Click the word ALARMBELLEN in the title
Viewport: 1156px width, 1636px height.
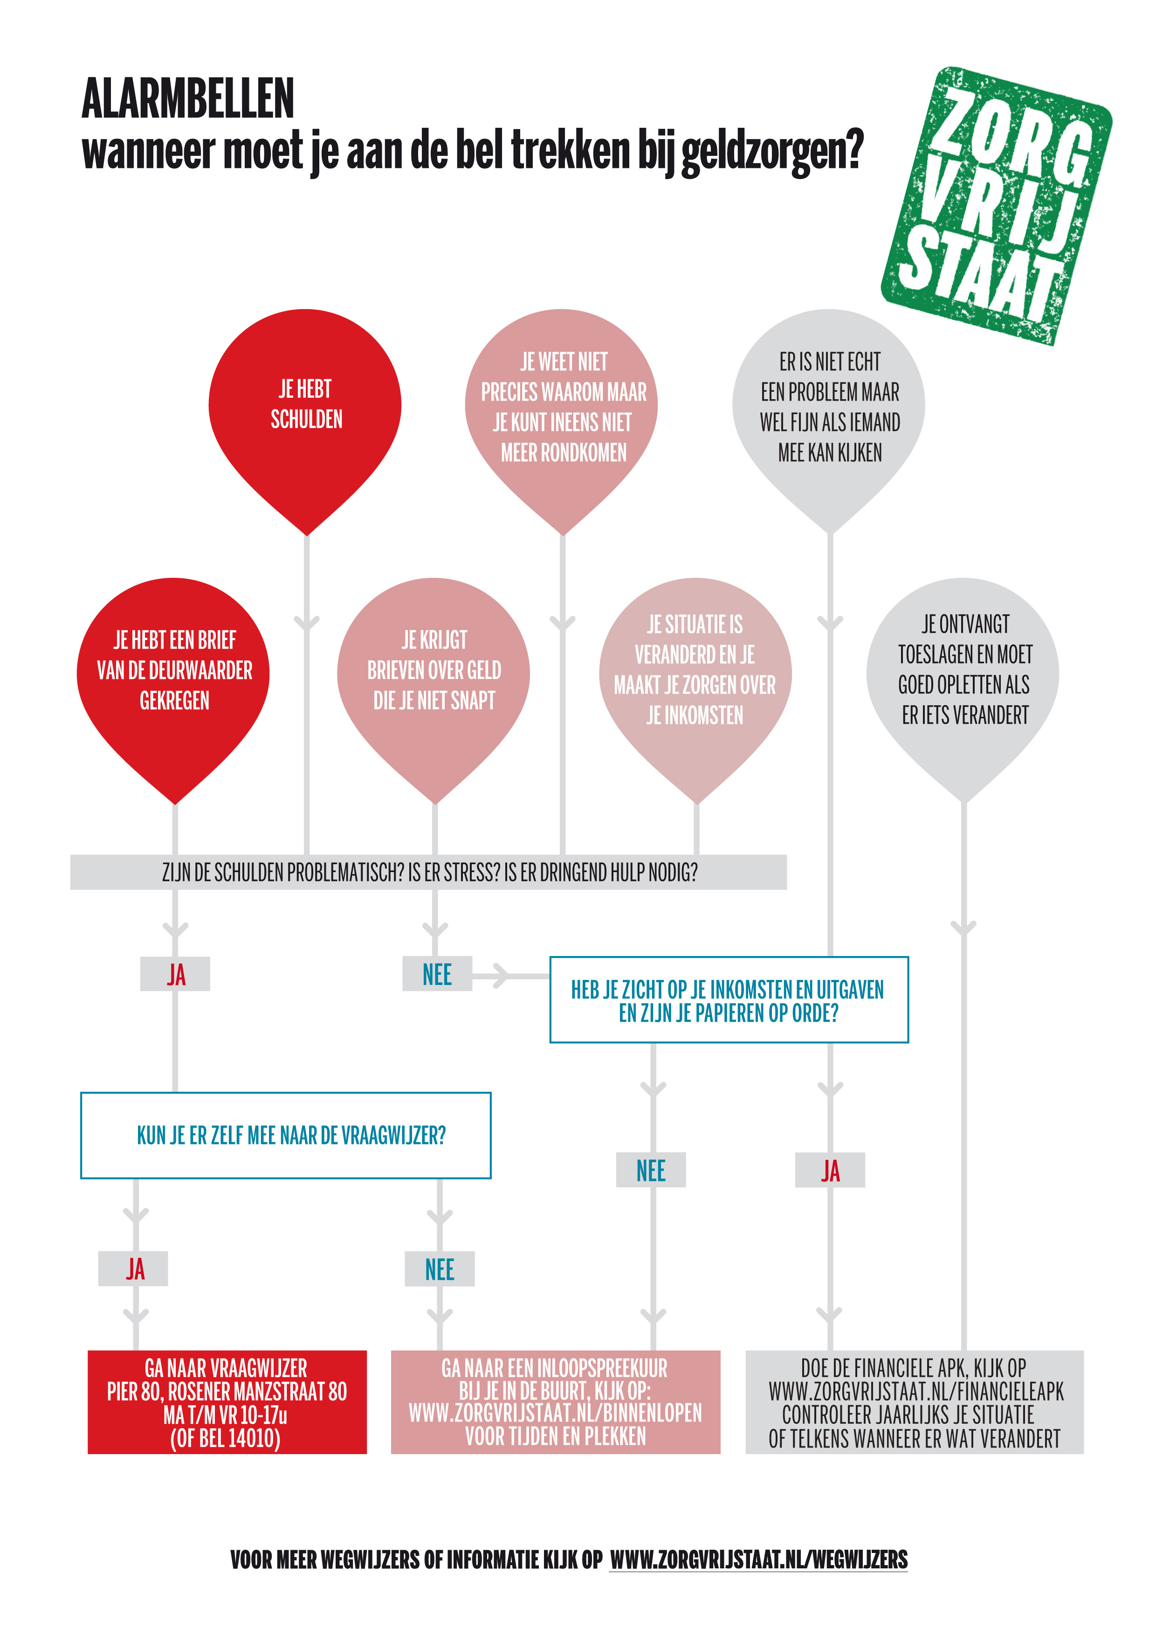(188, 98)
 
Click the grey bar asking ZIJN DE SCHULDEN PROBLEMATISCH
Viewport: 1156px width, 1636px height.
(429, 872)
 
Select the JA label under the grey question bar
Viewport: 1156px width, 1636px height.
(175, 974)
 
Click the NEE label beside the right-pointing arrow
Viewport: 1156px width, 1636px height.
(437, 974)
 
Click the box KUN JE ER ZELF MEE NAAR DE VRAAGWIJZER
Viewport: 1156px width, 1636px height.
(286, 1135)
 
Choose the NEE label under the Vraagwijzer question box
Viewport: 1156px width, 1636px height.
(440, 1269)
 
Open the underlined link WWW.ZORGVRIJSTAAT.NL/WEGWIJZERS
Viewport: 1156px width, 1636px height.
(758, 1559)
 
